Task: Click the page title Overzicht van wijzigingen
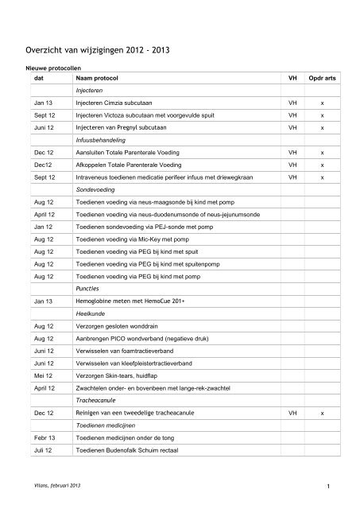pos(98,51)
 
